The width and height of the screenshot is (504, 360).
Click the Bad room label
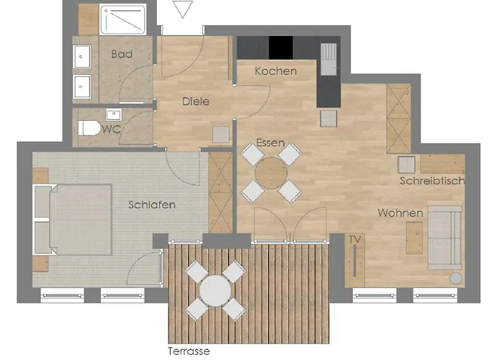(121, 54)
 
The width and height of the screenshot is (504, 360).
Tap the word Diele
(195, 102)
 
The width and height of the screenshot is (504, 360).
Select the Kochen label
(276, 71)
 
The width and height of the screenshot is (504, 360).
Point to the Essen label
(270, 143)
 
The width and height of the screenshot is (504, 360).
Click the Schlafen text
(152, 204)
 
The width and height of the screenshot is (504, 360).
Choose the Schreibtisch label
(432, 181)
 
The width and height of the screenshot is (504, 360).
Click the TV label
(354, 239)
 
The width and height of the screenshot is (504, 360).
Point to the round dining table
(271, 173)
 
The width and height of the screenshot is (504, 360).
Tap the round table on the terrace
(215, 291)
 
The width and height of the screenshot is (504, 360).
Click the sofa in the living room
(445, 238)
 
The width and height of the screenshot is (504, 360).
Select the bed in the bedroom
(73, 220)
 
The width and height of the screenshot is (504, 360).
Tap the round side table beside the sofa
(456, 278)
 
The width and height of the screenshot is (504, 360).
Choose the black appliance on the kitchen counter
(281, 48)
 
